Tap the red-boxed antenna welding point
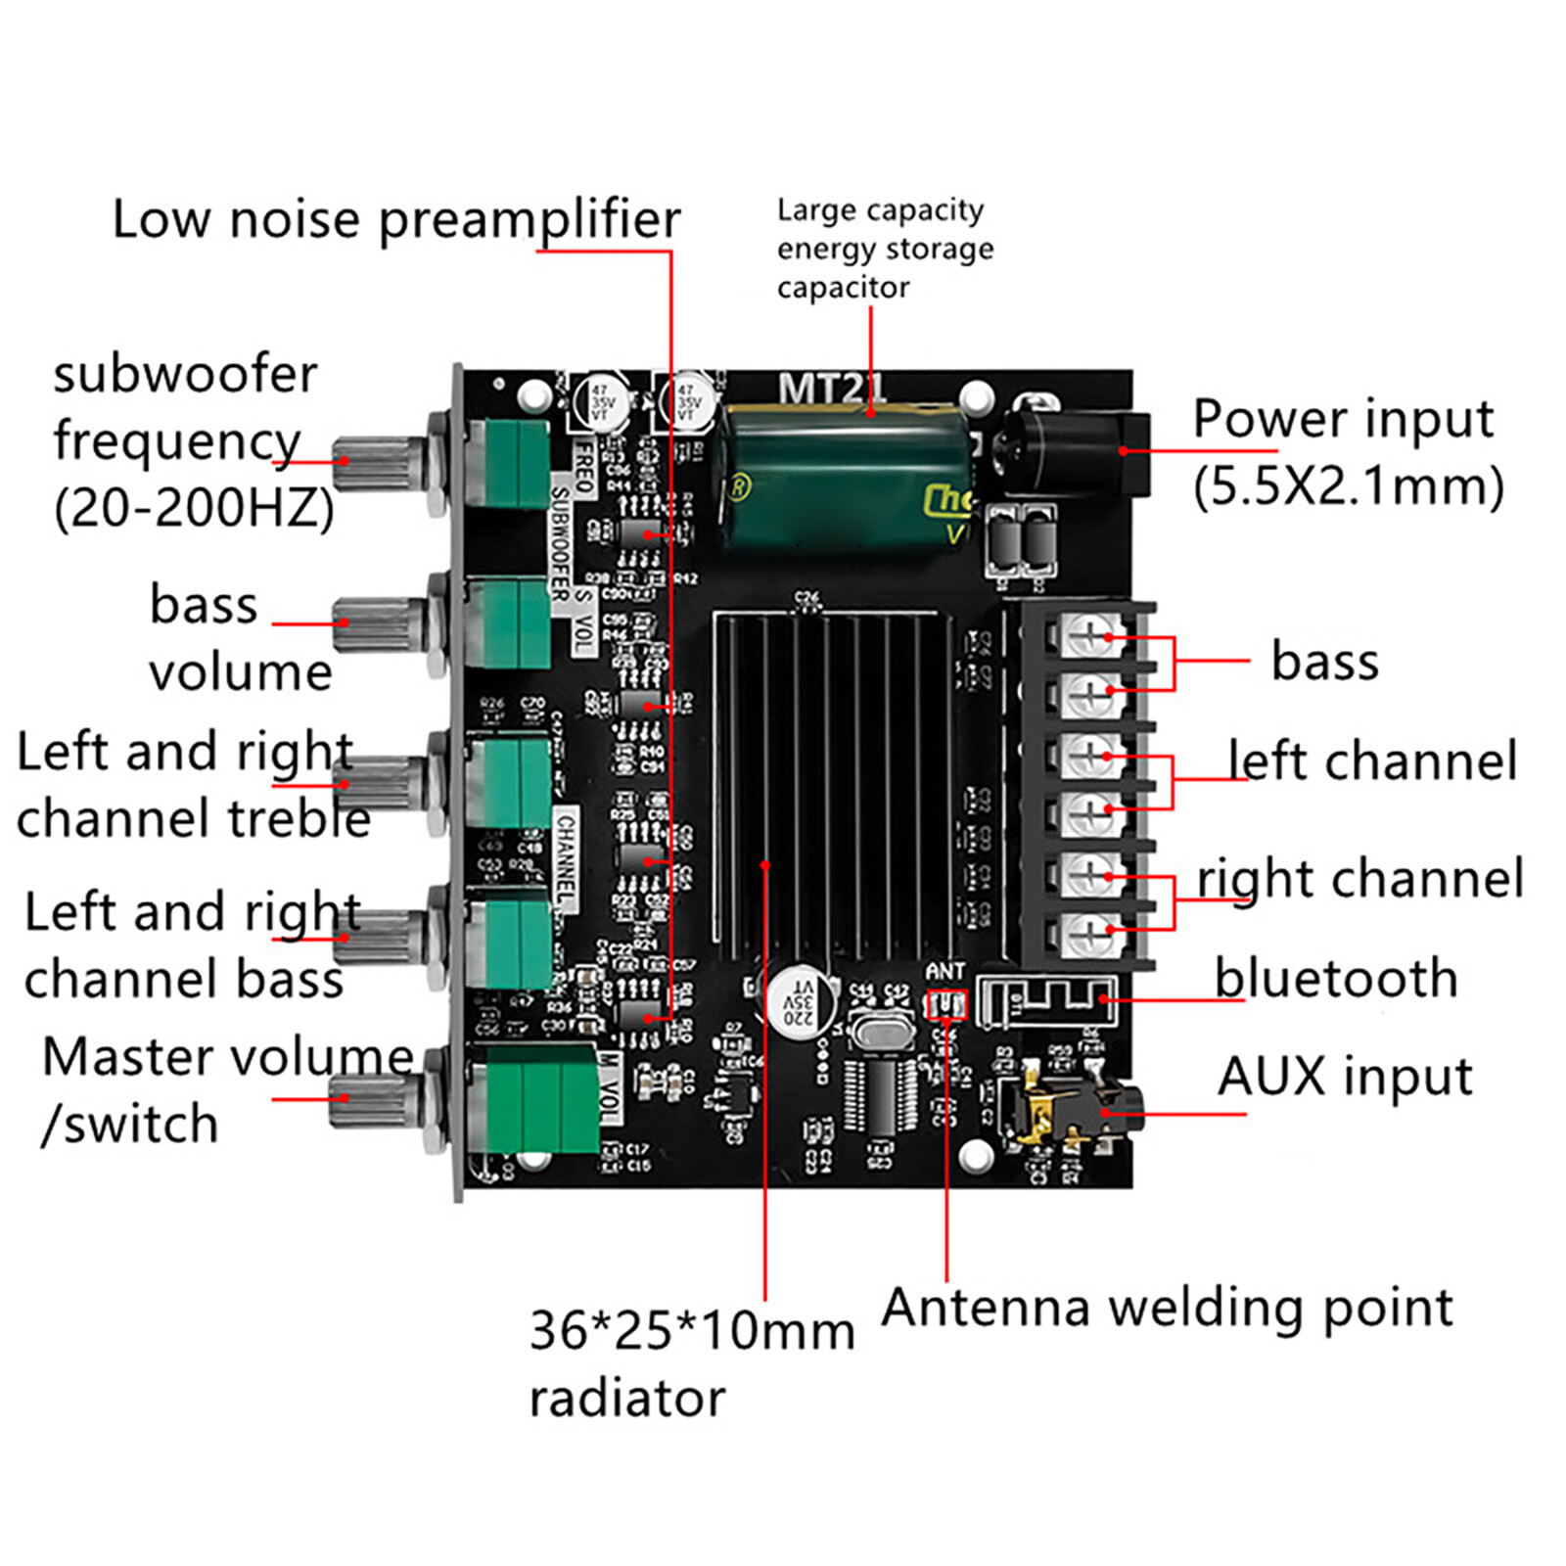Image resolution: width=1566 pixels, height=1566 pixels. [946, 1004]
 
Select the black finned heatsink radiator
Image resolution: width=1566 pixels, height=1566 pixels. [832, 783]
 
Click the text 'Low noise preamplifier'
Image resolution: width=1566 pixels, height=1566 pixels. [395, 218]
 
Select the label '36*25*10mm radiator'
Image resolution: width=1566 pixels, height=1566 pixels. [690, 1363]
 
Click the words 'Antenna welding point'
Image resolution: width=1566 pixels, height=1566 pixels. [1167, 1308]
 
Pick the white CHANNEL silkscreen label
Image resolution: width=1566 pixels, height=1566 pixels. [566, 859]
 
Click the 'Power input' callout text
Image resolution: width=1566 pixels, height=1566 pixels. [1343, 419]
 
